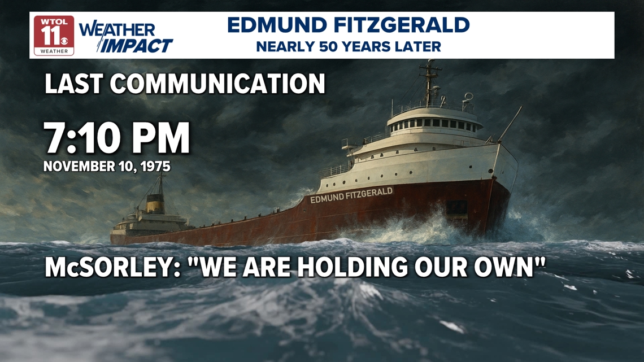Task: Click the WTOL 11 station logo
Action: click(x=54, y=35)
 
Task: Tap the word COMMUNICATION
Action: click(x=217, y=84)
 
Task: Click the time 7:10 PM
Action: click(x=117, y=139)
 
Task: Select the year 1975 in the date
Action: click(x=154, y=167)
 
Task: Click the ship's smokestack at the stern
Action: click(x=154, y=202)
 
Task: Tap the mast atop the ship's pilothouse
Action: click(x=430, y=82)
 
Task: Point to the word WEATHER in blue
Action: click(x=117, y=29)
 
